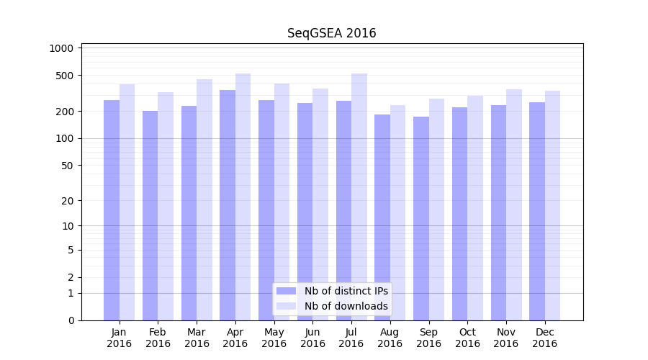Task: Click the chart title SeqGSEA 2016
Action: (331, 33)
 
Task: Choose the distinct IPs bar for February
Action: (150, 215)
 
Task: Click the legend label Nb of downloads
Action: (346, 306)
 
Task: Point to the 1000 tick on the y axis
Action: (63, 48)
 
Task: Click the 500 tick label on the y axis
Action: (66, 76)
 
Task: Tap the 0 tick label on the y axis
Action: (71, 320)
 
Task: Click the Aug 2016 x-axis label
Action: (390, 338)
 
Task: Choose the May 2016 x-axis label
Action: (274, 338)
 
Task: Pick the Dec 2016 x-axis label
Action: (544, 338)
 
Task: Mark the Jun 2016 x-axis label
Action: (312, 338)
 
